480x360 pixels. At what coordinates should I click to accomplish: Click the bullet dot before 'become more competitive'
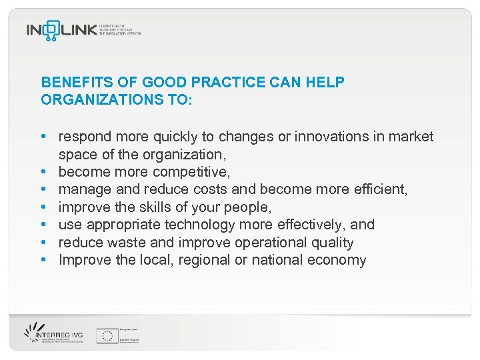(43, 172)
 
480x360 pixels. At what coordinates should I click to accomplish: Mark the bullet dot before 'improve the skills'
(43, 207)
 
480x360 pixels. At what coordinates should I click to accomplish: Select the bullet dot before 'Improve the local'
(43, 260)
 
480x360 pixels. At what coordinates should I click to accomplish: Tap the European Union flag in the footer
(107, 335)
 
